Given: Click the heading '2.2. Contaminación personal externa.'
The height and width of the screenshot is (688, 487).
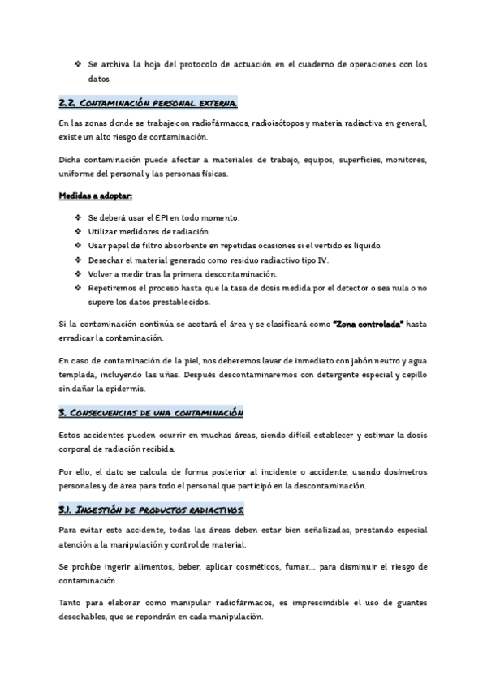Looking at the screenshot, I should (x=149, y=104).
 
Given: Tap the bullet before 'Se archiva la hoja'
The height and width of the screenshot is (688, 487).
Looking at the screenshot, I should (x=77, y=64).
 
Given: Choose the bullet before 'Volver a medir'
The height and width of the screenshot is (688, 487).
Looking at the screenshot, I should (x=77, y=273).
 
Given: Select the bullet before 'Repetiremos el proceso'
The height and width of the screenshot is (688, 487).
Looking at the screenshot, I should (x=77, y=287).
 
